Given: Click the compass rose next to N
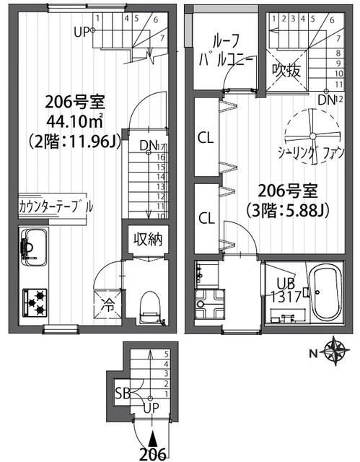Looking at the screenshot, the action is pyautogui.click(x=336, y=351).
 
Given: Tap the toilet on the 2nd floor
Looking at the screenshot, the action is pyautogui.click(x=150, y=308).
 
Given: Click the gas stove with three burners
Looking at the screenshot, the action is pyautogui.click(x=35, y=302).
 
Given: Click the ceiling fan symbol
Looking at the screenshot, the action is pyautogui.click(x=312, y=136).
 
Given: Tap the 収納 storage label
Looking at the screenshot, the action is pyautogui.click(x=148, y=240).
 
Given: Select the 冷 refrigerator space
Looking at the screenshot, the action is pyautogui.click(x=107, y=305).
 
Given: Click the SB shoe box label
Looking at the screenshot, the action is pyautogui.click(x=122, y=393).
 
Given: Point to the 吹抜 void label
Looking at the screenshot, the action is pyautogui.click(x=286, y=71).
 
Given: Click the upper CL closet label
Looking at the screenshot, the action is pyautogui.click(x=206, y=138).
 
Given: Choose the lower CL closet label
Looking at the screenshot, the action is pyautogui.click(x=206, y=218).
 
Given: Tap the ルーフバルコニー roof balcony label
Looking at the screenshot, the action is pyautogui.click(x=226, y=50).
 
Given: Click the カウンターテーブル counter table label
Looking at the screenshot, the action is pyautogui.click(x=56, y=207).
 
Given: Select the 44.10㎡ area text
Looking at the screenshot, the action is pyautogui.click(x=75, y=121).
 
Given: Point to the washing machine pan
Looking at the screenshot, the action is pyautogui.click(x=210, y=303).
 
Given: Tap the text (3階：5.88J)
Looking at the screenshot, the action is pyautogui.click(x=288, y=210).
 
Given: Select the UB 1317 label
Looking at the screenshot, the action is pyautogui.click(x=286, y=290).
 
